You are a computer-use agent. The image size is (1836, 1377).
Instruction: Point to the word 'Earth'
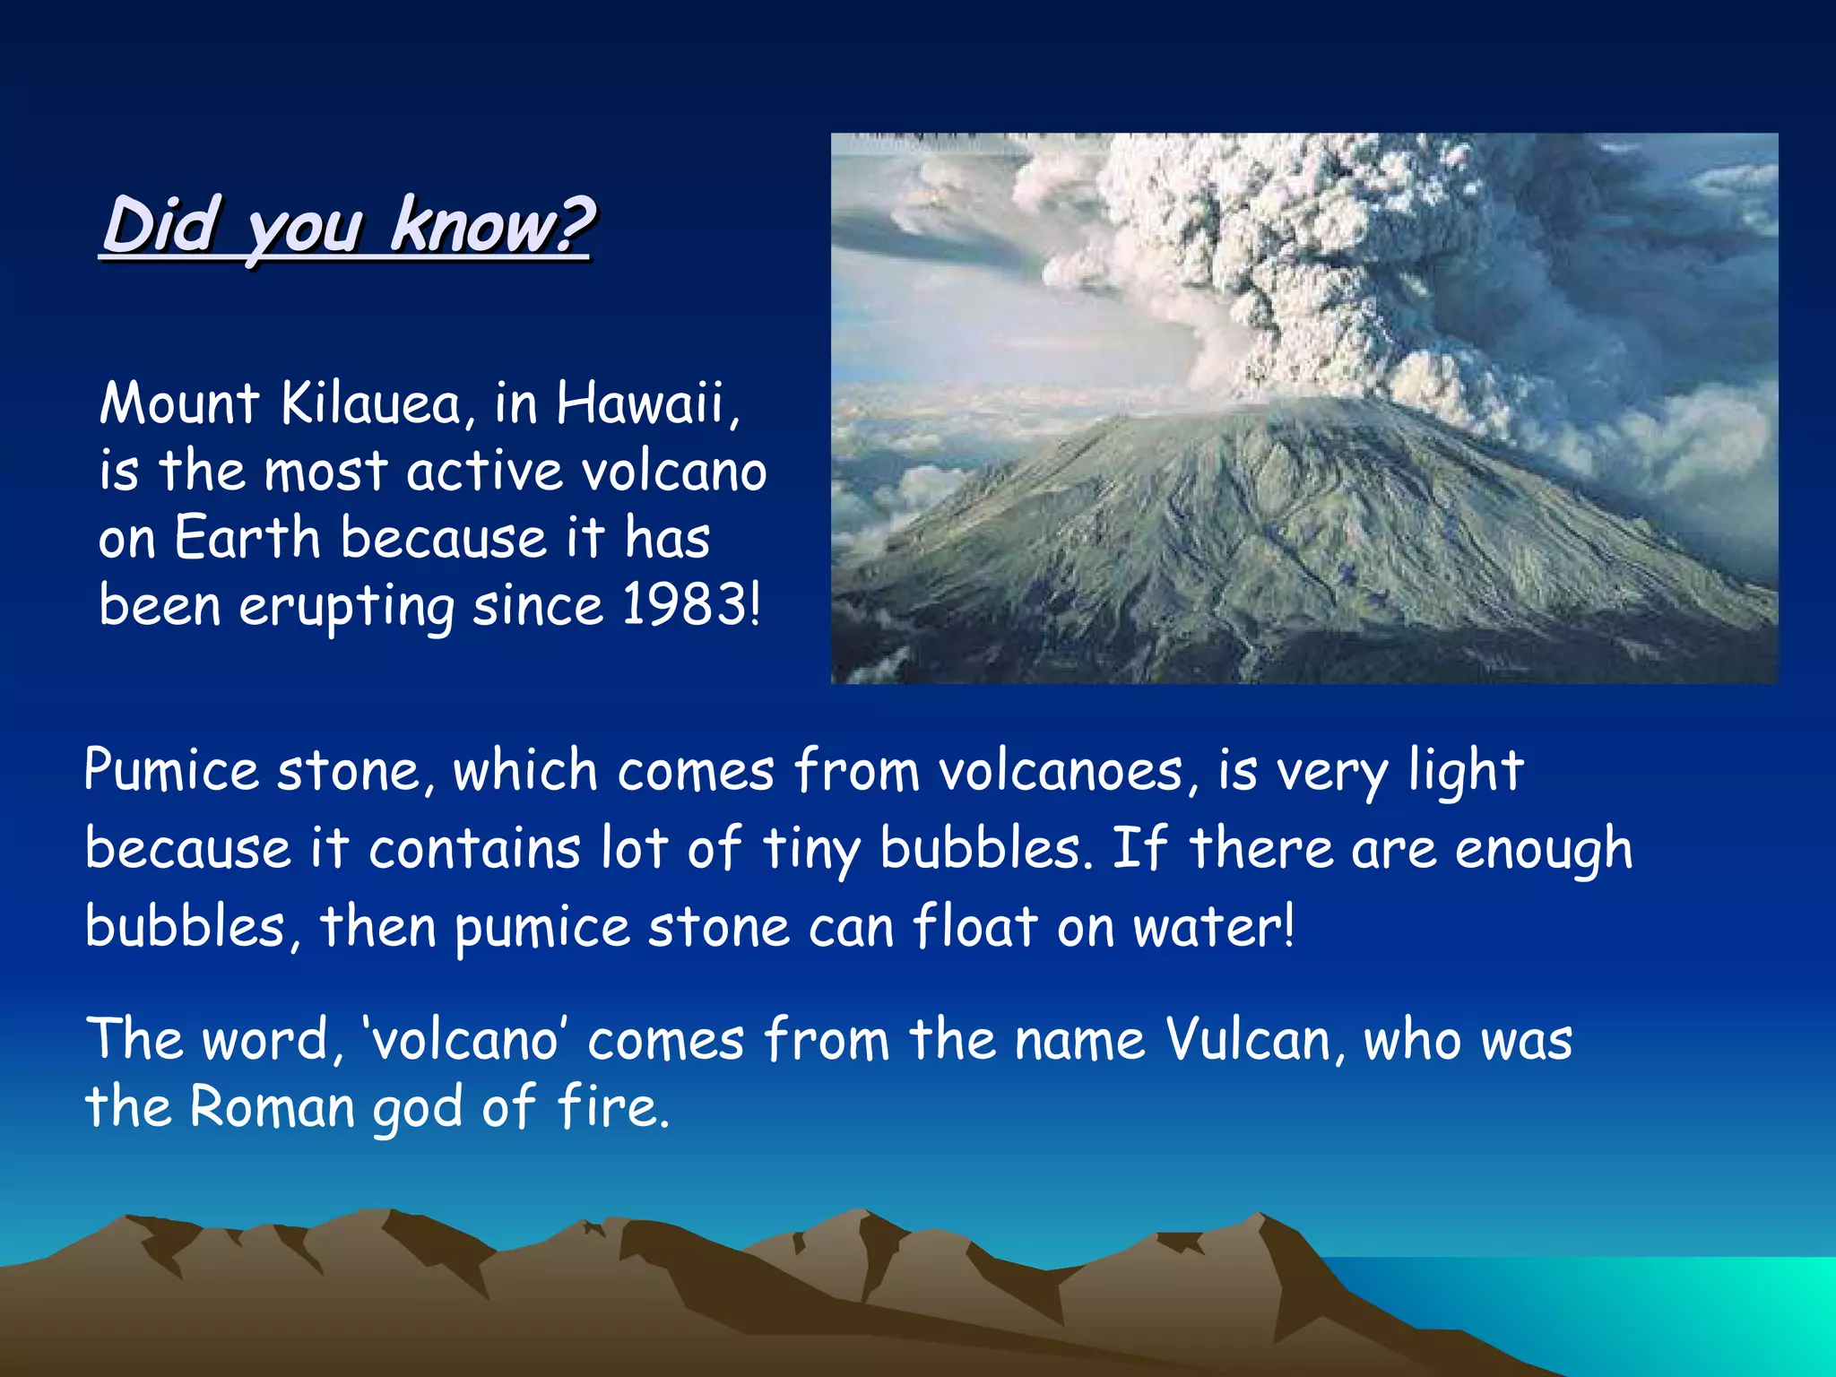click(x=247, y=538)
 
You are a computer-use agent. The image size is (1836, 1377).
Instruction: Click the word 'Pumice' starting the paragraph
click(x=171, y=771)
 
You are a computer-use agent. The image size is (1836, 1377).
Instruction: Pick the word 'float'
click(x=974, y=926)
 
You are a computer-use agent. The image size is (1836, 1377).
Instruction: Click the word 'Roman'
click(x=273, y=1106)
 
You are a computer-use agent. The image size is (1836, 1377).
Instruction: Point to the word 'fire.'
click(x=613, y=1106)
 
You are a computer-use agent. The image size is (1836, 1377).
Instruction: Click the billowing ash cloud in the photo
click(x=1300, y=242)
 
